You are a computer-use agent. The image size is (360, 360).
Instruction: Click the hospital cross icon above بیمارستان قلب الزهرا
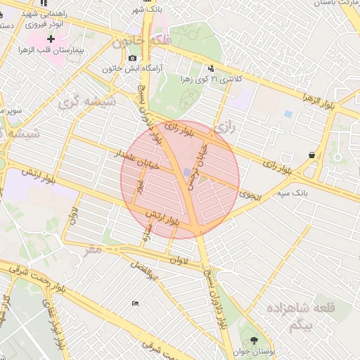click(51, 39)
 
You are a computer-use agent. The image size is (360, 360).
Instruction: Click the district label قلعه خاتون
click(141, 42)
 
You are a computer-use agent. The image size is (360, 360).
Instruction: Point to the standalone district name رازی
click(224, 128)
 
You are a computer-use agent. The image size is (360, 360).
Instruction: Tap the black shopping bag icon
click(311, 155)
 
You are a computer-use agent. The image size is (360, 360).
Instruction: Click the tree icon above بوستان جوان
click(253, 340)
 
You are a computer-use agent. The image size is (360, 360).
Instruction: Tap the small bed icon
click(135, 303)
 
